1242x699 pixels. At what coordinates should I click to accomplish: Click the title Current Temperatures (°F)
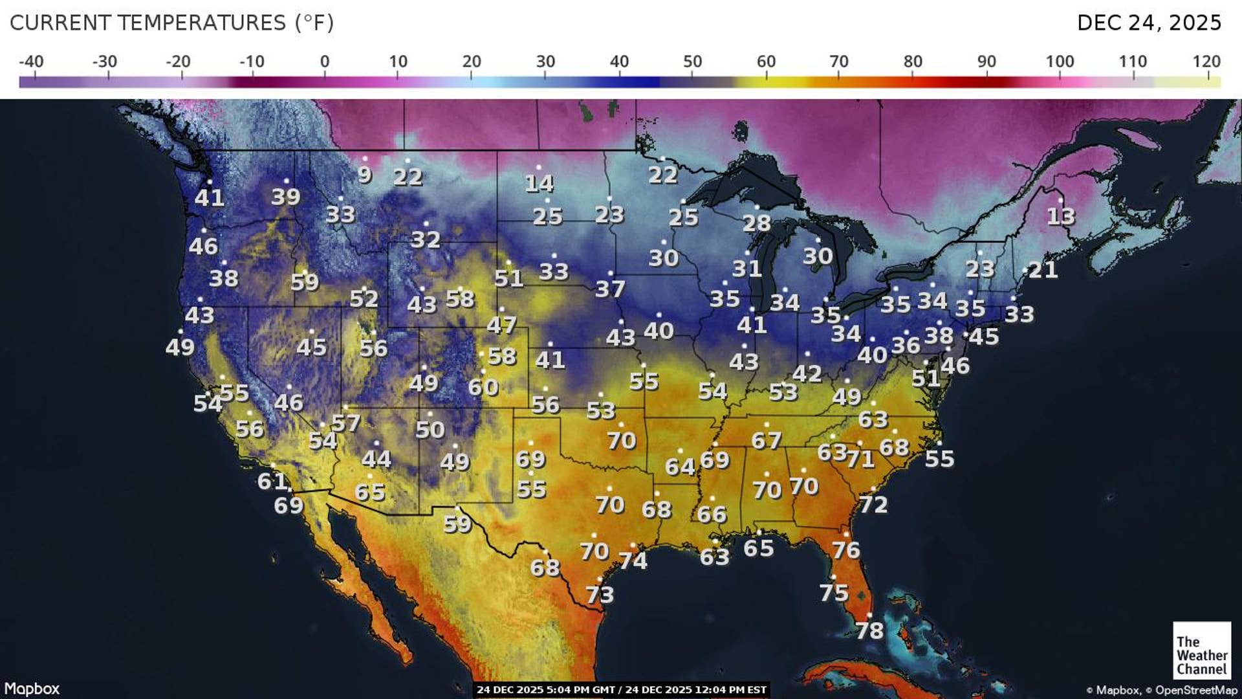(x=171, y=23)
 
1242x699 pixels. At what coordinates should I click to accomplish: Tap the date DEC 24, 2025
(x=1149, y=23)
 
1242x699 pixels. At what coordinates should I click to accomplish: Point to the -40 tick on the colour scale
(x=31, y=62)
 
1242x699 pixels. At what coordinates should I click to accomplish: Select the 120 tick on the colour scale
(x=1206, y=62)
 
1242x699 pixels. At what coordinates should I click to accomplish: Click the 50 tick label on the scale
(x=692, y=62)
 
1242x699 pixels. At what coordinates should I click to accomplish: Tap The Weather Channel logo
(x=1201, y=650)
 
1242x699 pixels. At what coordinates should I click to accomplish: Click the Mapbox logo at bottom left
(x=32, y=689)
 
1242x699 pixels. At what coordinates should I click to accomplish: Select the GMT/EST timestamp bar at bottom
(x=621, y=690)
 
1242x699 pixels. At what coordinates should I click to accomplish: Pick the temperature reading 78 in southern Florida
(x=869, y=630)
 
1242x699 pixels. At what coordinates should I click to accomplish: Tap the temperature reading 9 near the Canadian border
(x=365, y=175)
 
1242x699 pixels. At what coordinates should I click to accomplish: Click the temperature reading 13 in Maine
(x=1061, y=216)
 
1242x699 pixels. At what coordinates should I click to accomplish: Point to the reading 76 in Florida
(x=846, y=550)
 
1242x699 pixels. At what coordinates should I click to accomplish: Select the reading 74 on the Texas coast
(x=633, y=560)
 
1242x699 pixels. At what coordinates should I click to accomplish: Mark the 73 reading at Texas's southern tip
(x=600, y=594)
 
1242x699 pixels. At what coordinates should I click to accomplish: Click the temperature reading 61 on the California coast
(x=272, y=481)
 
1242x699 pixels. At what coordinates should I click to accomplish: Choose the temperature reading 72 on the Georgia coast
(x=873, y=504)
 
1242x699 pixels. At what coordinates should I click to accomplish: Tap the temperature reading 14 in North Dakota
(x=539, y=184)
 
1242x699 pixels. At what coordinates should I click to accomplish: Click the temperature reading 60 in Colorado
(x=483, y=387)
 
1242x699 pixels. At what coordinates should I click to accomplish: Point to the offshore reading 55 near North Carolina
(x=939, y=459)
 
